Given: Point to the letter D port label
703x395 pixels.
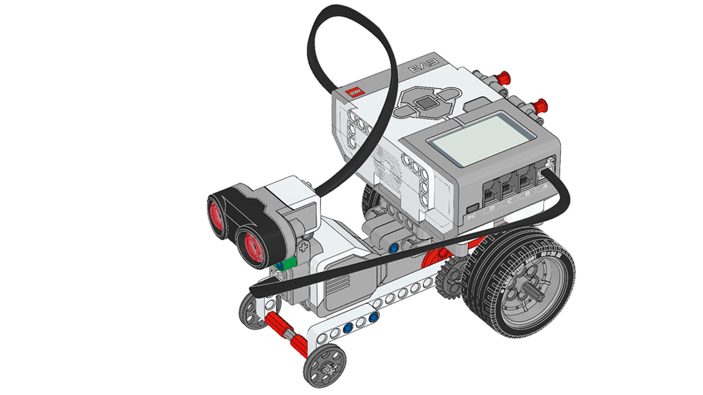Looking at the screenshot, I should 492,208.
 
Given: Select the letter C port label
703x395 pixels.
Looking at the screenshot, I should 510,201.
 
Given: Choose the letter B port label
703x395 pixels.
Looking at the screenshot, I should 528,194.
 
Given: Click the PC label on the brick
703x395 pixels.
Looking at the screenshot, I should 472,216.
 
